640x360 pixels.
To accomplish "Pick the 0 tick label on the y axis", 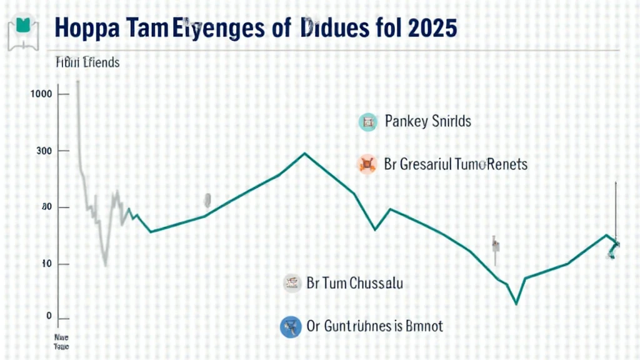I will [x=49, y=316].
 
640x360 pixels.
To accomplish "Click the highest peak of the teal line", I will [x=305, y=153].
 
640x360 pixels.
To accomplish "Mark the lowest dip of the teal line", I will [x=516, y=304].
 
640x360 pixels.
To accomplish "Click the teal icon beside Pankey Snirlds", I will [x=367, y=121].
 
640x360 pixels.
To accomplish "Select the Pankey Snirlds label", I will [x=428, y=121].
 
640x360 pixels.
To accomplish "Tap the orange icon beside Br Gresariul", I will [x=367, y=164].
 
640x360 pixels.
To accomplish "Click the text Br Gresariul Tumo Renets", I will [x=456, y=164].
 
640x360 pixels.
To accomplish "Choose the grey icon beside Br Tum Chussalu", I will [x=291, y=283].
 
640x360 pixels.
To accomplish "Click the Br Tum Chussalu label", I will [x=355, y=283].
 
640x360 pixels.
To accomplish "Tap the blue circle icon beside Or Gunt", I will [x=291, y=326].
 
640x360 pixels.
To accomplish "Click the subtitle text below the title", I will [x=84, y=62].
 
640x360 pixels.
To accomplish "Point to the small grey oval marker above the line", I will [x=207, y=200].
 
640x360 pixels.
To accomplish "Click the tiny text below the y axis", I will [x=61, y=341].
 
